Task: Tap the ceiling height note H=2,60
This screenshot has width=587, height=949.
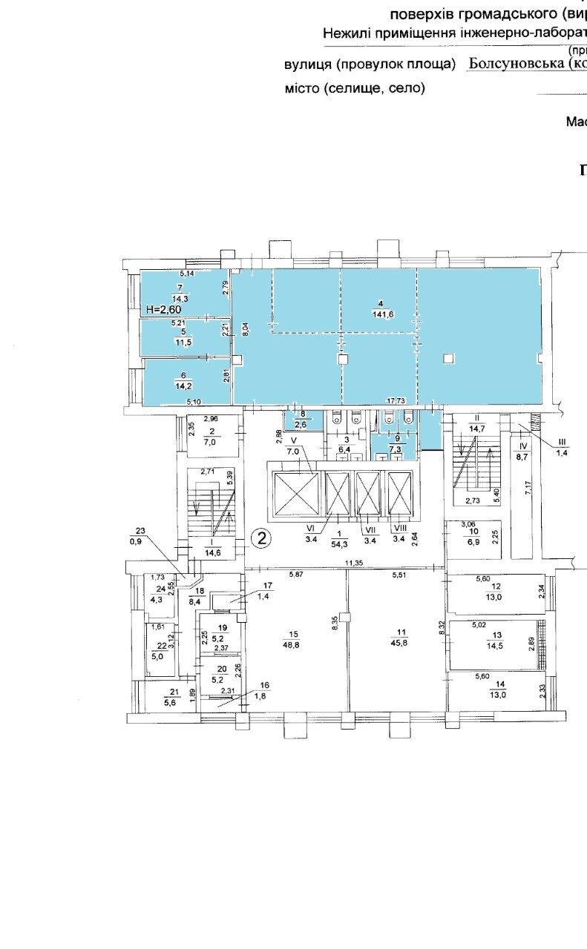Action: point(164,310)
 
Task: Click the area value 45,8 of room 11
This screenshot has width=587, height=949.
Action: point(401,643)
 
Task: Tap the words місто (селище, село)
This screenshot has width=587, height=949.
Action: point(355,88)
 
